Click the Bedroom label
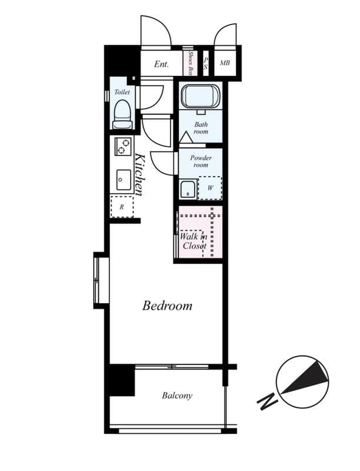click(x=168, y=306)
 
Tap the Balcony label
click(x=177, y=396)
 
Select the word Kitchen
click(x=139, y=174)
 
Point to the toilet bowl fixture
click(x=122, y=114)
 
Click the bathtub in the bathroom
click(x=200, y=96)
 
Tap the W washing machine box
click(x=211, y=189)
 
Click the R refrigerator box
click(x=122, y=207)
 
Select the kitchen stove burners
click(x=123, y=146)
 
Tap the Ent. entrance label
click(x=162, y=64)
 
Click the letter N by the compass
click(x=267, y=403)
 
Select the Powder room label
click(x=201, y=161)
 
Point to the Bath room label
click(x=201, y=128)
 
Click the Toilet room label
click(x=122, y=92)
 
